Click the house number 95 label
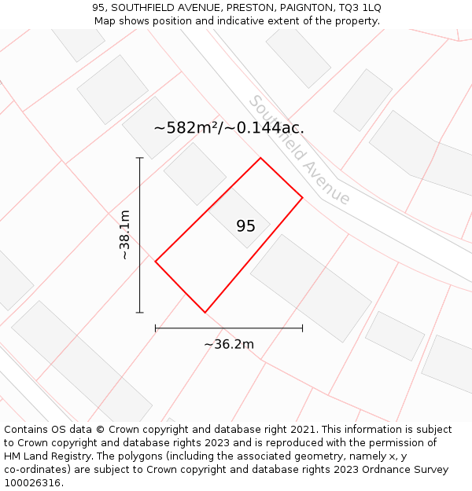[245, 226]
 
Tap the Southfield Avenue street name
[299, 150]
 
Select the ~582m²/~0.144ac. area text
[229, 127]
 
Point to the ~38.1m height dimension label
[125, 235]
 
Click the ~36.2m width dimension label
[229, 344]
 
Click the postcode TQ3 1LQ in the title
[360, 8]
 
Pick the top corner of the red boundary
[260, 158]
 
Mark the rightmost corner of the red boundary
[303, 197]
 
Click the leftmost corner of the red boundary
[155, 262]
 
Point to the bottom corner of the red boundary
[205, 313]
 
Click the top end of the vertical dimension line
[140, 158]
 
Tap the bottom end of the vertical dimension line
[140, 313]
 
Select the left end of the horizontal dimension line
[155, 328]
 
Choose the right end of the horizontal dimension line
[303, 328]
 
